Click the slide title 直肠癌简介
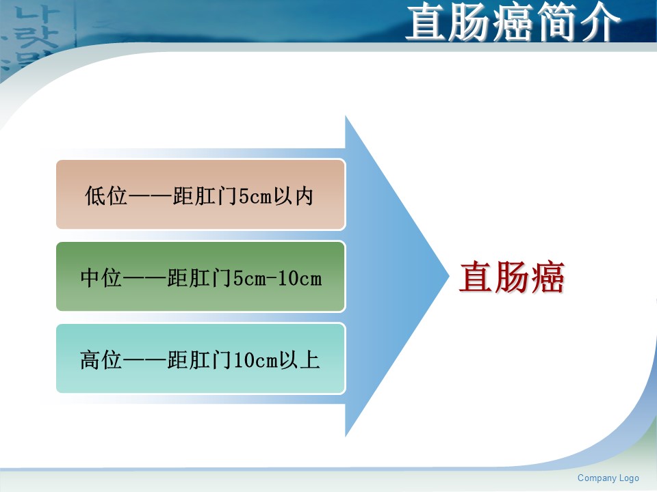pos(513,22)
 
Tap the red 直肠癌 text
pos(512,277)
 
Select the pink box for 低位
pos(201,195)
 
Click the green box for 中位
pos(201,277)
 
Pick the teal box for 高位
pos(201,359)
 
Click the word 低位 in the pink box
pos(106,196)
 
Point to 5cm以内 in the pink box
pos(276,196)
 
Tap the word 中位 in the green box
pos(101,278)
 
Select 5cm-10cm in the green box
pos(277,278)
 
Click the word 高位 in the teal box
pos(101,360)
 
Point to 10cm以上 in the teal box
pos(276,360)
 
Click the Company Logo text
pos(608,478)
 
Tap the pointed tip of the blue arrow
pos(449,276)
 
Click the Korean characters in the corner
pos(31,36)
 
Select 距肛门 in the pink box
pos(205,196)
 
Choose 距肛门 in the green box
pos(200,278)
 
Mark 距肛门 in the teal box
pos(200,360)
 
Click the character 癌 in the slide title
pos(513,22)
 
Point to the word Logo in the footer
pos(629,478)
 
